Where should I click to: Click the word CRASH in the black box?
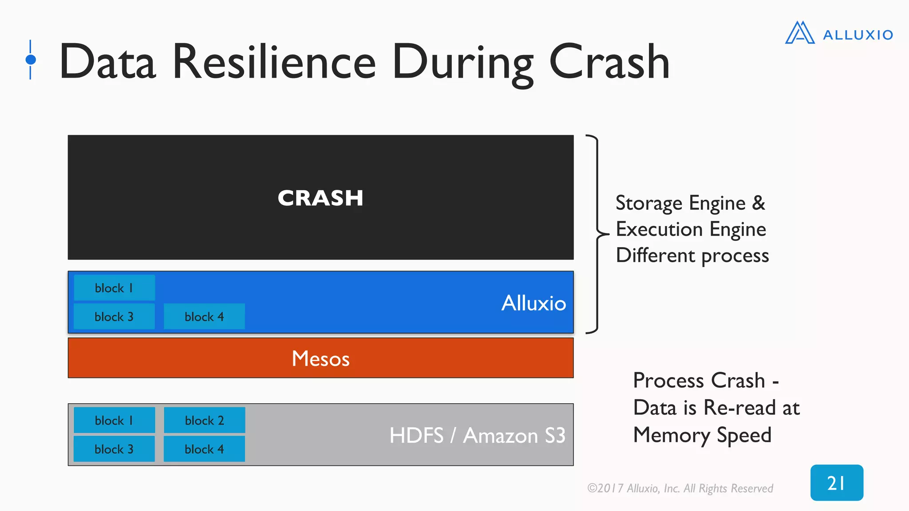pos(320,198)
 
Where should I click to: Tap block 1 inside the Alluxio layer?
pos(114,288)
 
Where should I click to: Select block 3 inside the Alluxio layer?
pos(114,317)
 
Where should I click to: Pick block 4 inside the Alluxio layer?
pos(204,317)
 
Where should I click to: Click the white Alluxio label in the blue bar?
pos(534,303)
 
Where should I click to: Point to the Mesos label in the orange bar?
pos(320,358)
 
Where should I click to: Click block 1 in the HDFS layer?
pos(114,420)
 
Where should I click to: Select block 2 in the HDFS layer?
pos(204,420)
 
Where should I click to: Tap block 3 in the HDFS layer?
pos(114,449)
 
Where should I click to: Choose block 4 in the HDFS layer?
pos(204,449)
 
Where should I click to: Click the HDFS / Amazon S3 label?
pos(477,435)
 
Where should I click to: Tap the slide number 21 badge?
pos(837,483)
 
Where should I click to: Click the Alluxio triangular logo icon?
pos(799,33)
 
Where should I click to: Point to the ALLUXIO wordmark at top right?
pos(858,35)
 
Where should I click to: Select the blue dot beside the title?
pos(31,59)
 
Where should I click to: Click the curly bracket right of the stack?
pos(597,234)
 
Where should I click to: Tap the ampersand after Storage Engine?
pos(759,203)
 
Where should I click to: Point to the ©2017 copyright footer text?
pos(680,488)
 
